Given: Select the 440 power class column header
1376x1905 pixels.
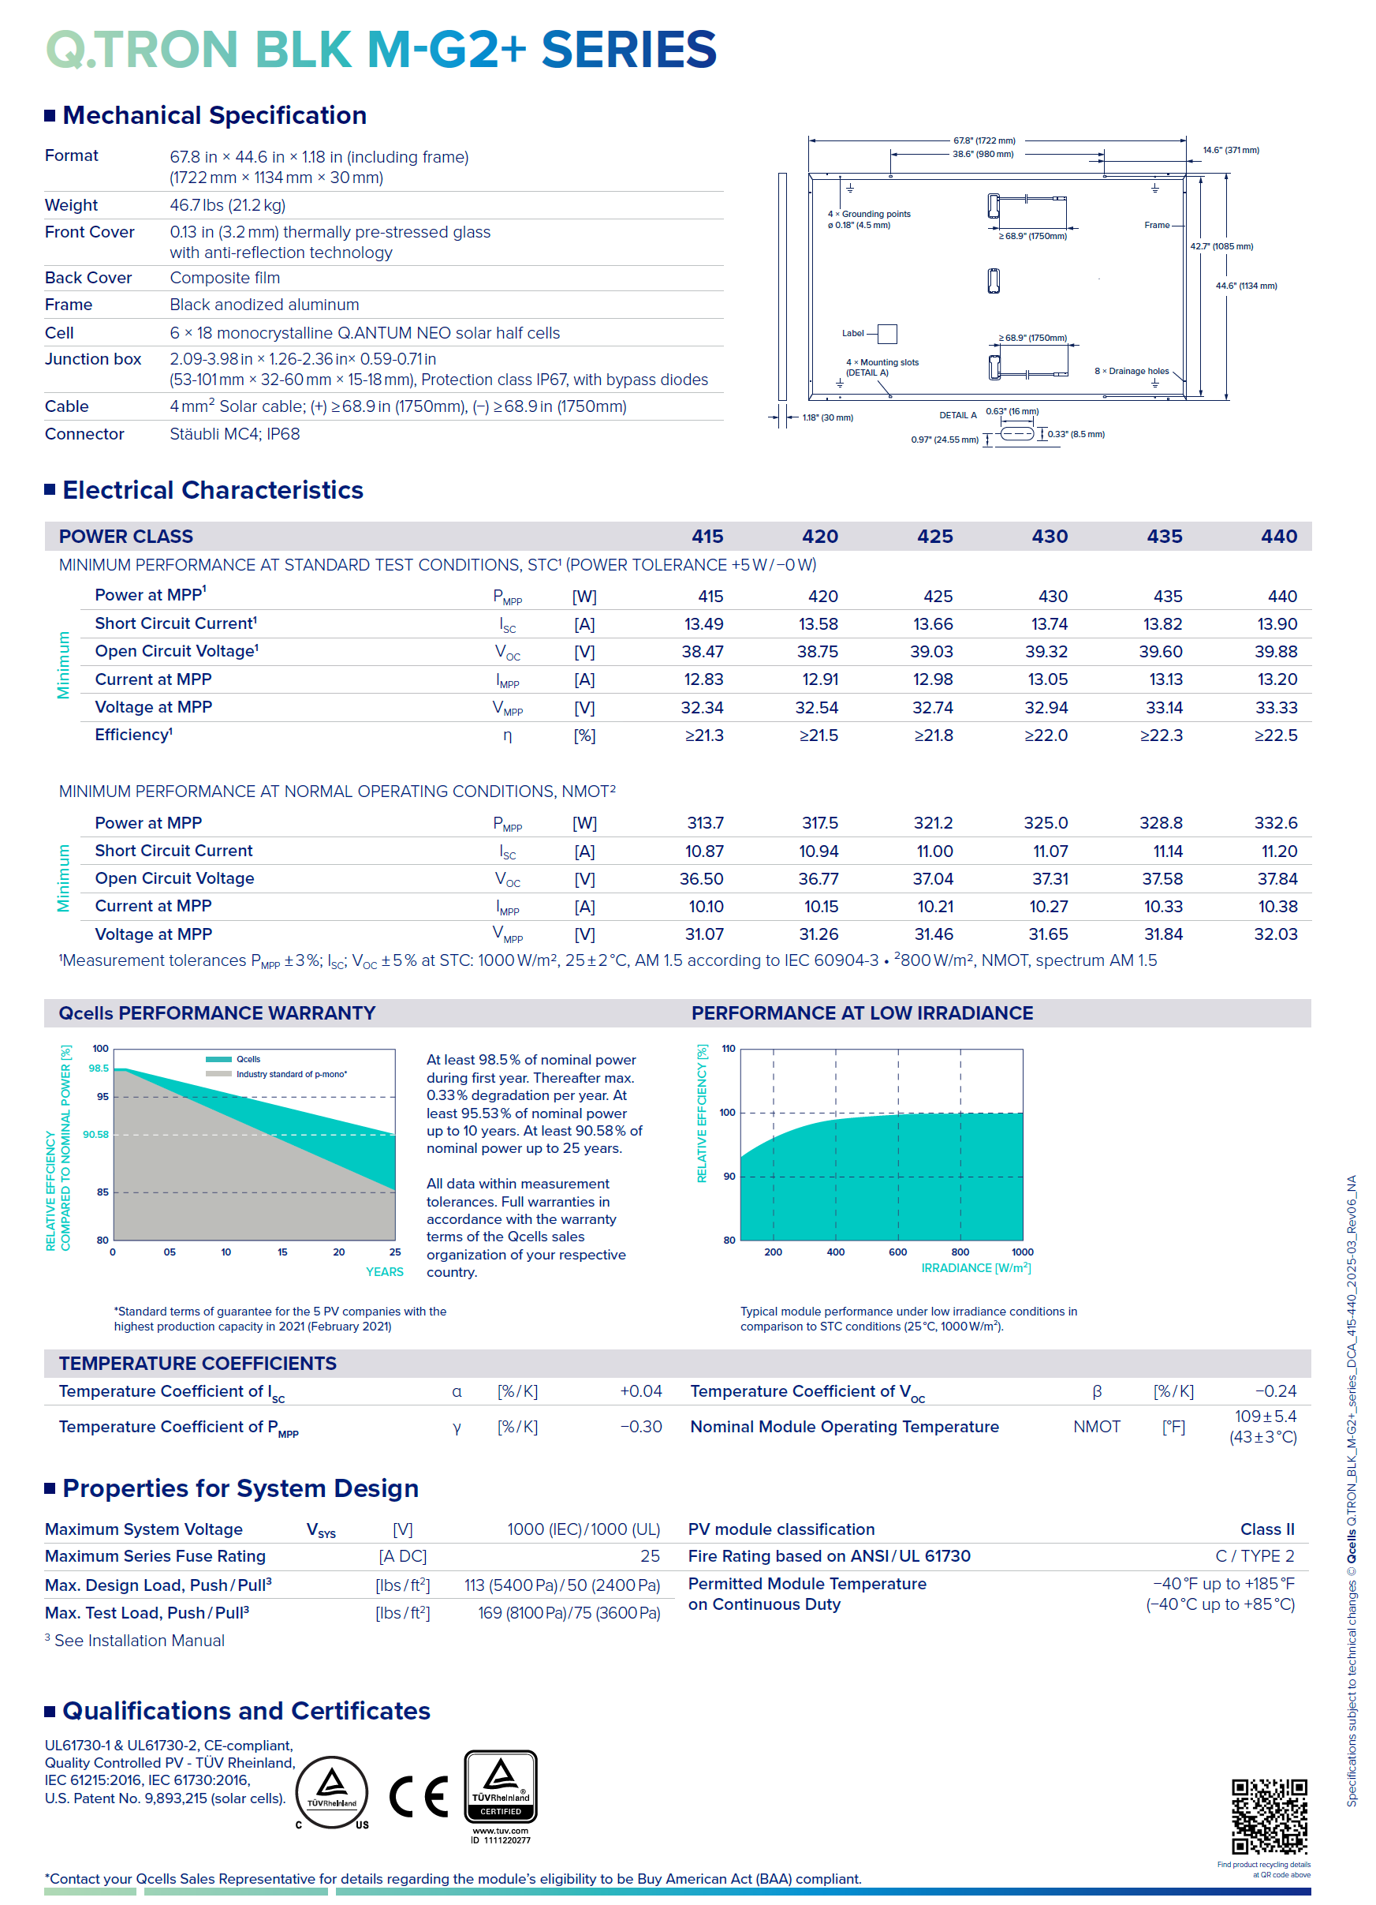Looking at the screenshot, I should (1277, 536).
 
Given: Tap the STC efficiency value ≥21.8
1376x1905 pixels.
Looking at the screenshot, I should (933, 735).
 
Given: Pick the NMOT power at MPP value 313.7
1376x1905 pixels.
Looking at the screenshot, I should (704, 823).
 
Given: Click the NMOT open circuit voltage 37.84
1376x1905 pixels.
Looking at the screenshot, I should (1276, 878).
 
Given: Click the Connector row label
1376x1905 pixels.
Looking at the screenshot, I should (84, 434).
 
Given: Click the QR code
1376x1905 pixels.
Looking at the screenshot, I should (1269, 1815).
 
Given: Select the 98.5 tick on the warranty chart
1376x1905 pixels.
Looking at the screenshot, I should (99, 1069).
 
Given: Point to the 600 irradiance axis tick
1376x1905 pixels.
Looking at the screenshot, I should (897, 1252).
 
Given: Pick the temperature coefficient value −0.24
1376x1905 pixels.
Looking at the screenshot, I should (1275, 1391).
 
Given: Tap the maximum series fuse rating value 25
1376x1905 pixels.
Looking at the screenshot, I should (650, 1556).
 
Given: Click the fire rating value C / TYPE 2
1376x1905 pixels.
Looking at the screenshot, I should (1255, 1556).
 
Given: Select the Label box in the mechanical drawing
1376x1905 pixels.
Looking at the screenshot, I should (886, 334).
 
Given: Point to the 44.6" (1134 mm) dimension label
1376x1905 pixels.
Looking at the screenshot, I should (1246, 286).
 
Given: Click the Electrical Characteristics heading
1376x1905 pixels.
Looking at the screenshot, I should (212, 490).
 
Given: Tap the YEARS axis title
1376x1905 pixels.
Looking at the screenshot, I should (385, 1271).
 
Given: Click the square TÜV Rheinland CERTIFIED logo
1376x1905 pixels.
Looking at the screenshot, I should (501, 1787).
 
